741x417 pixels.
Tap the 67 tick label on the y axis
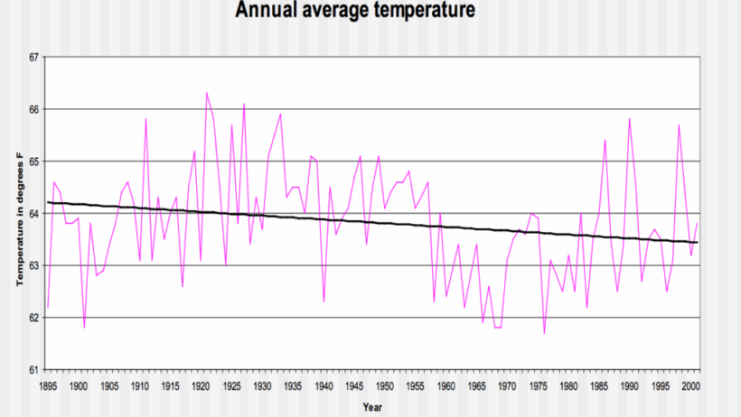point(35,57)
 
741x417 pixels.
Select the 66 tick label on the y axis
point(35,109)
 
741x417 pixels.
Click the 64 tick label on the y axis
point(35,214)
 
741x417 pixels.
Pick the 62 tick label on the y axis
point(35,318)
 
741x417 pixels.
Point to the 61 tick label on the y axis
point(35,370)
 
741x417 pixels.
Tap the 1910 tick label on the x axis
point(140,385)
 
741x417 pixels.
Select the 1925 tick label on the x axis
point(232,385)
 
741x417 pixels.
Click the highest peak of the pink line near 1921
point(207,92)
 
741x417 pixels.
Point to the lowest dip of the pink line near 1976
point(545,333)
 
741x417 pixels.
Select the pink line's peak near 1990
point(629,119)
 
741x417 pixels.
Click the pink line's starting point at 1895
point(48,307)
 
